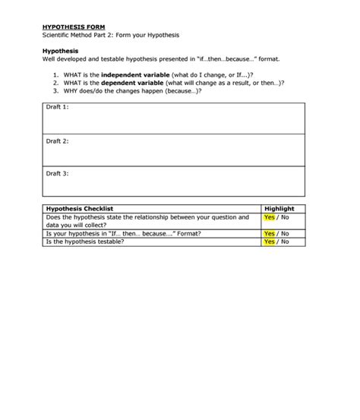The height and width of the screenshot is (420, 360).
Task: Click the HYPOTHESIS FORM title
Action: (x=68, y=27)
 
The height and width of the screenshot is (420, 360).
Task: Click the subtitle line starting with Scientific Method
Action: (x=110, y=35)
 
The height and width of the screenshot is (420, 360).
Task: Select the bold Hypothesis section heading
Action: (x=60, y=51)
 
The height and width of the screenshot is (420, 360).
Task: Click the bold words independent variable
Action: (x=134, y=74)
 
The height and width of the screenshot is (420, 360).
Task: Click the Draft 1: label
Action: (x=57, y=107)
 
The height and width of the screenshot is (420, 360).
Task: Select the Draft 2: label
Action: (x=57, y=141)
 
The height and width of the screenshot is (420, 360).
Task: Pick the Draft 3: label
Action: (x=57, y=173)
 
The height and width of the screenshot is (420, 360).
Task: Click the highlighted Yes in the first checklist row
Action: (x=269, y=217)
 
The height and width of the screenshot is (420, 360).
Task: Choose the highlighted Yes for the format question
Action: (x=269, y=234)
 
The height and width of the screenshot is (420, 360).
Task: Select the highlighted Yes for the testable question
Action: (x=269, y=242)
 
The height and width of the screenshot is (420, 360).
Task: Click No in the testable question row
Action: (x=284, y=242)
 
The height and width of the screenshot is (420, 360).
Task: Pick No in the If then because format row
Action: (x=284, y=234)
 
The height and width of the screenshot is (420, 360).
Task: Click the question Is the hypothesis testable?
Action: (x=84, y=242)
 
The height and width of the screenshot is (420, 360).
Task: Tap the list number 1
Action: (x=56, y=74)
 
